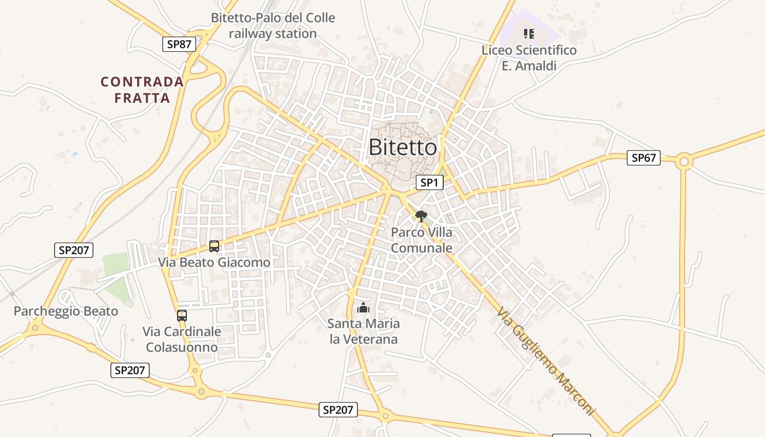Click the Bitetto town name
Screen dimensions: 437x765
[403, 147]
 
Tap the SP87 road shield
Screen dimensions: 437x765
[179, 44]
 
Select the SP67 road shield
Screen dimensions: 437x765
[643, 158]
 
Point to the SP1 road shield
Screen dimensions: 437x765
[429, 182]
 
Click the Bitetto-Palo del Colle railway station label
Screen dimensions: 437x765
[273, 26]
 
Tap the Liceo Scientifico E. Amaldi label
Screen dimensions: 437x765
[528, 58]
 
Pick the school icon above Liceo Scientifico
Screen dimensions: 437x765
[528, 34]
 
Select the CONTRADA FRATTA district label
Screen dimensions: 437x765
[142, 90]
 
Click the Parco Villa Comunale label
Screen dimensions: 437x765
[422, 240]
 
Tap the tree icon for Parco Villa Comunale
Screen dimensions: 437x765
[420, 216]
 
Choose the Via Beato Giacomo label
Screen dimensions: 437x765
[214, 262]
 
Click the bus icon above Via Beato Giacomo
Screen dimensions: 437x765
[214, 246]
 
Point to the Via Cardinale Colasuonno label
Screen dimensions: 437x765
[182, 339]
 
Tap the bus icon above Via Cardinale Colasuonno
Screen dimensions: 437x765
[182, 316]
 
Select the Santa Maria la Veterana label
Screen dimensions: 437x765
[363, 331]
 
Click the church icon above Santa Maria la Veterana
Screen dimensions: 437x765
[363, 308]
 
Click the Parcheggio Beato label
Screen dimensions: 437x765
[66, 311]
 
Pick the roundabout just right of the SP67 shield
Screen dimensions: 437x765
[683, 162]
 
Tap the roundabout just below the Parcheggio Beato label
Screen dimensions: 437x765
[36, 328]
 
